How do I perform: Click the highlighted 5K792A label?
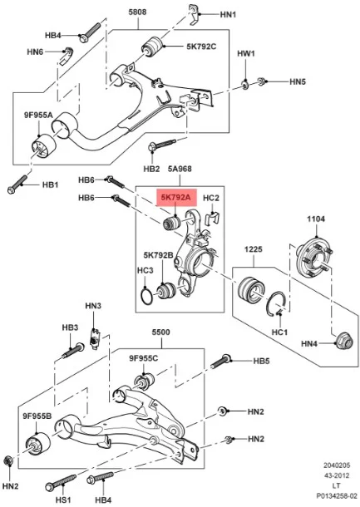click(x=176, y=197)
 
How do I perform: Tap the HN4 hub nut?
click(x=343, y=341)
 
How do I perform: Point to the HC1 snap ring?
click(x=276, y=303)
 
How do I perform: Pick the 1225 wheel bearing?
click(x=251, y=288)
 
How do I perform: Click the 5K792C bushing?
click(x=151, y=47)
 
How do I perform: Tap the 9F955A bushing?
click(x=44, y=147)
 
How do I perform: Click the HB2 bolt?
click(x=162, y=145)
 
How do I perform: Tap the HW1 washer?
click(x=245, y=86)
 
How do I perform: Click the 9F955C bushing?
click(x=144, y=381)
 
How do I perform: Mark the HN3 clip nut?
click(x=95, y=338)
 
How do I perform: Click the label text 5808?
click(x=137, y=12)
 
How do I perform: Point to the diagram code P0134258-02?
click(x=337, y=496)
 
